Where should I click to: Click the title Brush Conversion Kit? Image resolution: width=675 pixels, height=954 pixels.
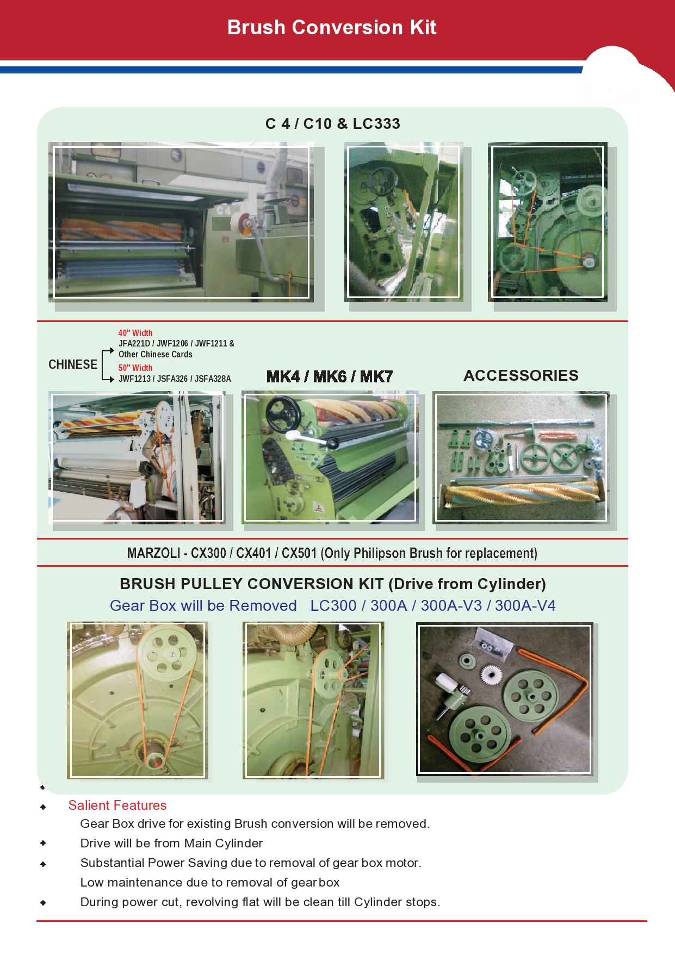click(x=332, y=27)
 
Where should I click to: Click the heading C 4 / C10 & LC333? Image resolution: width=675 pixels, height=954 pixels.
click(x=333, y=124)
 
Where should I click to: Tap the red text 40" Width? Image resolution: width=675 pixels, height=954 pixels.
click(x=135, y=333)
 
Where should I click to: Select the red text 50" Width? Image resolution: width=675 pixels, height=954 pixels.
click(x=135, y=368)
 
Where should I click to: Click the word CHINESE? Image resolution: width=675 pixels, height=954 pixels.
click(x=73, y=364)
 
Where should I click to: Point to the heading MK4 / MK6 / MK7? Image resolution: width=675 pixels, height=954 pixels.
click(x=330, y=376)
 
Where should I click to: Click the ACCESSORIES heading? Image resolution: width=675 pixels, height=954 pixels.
click(x=521, y=375)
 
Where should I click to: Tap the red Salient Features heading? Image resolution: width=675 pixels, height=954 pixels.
click(x=117, y=806)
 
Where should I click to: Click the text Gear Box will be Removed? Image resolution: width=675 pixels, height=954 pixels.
click(x=203, y=606)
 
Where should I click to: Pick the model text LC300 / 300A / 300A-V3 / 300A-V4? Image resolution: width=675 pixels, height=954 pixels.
click(x=433, y=606)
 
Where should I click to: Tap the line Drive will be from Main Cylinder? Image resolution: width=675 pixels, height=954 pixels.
click(x=171, y=843)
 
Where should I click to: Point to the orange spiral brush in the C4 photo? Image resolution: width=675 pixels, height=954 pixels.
click(x=121, y=230)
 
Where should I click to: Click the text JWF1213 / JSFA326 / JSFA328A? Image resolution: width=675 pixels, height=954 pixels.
click(x=175, y=379)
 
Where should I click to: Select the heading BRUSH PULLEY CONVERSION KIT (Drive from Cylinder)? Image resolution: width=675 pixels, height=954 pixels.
click(x=333, y=584)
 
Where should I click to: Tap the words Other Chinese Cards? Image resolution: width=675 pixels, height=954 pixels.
click(x=156, y=354)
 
